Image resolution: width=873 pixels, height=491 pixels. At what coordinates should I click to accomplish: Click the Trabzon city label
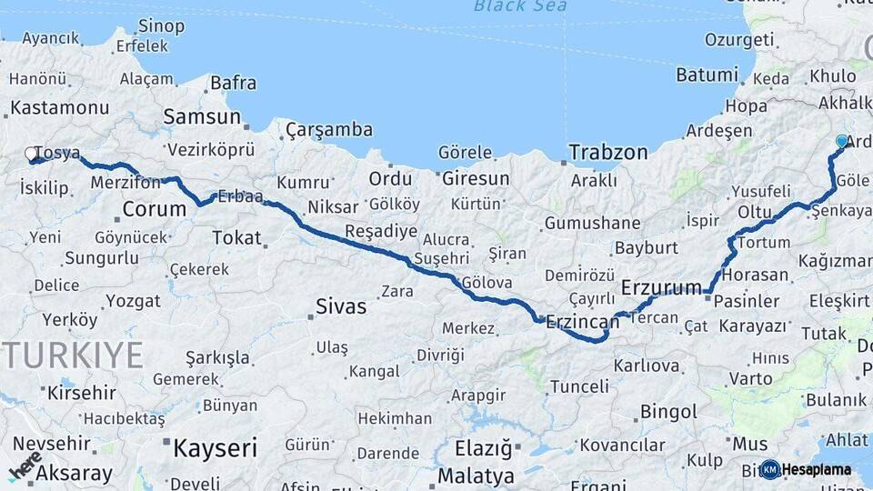coord(608,152)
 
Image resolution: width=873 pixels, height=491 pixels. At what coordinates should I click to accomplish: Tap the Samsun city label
coord(202,117)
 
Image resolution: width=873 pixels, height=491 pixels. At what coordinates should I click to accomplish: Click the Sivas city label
coord(341,306)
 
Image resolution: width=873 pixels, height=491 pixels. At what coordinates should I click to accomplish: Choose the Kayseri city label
coord(215,447)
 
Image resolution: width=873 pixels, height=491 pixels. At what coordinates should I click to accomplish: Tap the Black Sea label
coord(520,6)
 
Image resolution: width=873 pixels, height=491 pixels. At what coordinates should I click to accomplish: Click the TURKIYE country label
coord(72,356)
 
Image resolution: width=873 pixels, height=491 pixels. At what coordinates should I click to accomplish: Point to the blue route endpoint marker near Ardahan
coord(841,141)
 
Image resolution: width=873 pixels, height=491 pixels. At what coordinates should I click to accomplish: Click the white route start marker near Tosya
coord(31,154)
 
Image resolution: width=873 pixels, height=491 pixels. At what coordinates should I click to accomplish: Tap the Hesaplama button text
coord(817,470)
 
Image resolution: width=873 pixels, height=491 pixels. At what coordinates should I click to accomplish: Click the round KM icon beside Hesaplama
coord(770,469)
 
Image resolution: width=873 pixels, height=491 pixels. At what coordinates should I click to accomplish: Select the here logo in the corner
coord(25,466)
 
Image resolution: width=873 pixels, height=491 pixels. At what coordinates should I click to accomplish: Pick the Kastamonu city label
coord(60,107)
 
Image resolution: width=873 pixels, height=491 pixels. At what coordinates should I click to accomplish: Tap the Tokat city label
coord(236,238)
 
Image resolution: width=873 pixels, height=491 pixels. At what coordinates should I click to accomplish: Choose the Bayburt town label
coord(646,247)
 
